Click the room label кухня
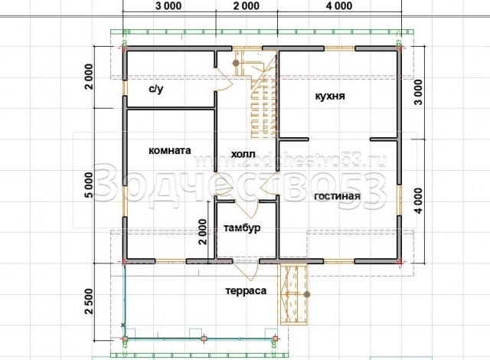click(330, 96)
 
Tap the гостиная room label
click(337, 196)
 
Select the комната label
click(170, 150)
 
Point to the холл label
click(243, 154)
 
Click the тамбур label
click(242, 228)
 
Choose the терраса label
click(246, 291)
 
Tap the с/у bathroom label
click(155, 90)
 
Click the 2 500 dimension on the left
click(89, 301)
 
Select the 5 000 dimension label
click(89, 185)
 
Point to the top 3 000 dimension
click(168, 5)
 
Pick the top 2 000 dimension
click(246, 5)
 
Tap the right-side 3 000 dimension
click(418, 92)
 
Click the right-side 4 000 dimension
click(418, 201)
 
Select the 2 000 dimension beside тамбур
click(202, 231)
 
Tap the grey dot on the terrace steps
click(308, 294)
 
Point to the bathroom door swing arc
click(225, 79)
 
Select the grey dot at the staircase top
click(236, 63)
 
